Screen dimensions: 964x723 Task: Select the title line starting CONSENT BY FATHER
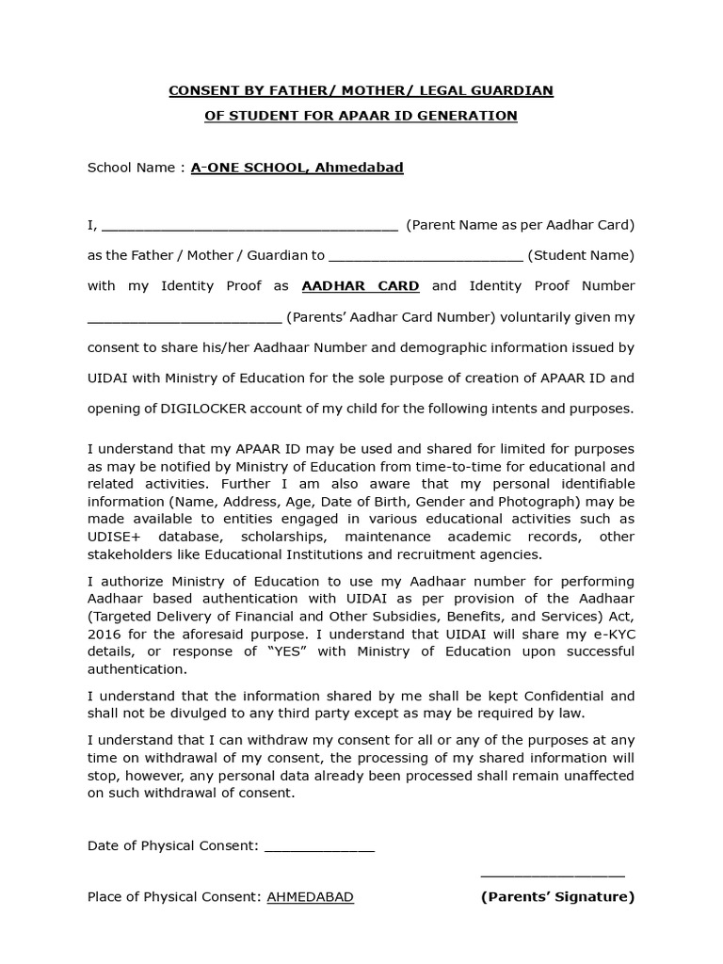click(361, 90)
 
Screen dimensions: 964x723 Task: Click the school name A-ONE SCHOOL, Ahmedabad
click(297, 168)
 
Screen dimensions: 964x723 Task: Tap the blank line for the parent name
click(249, 227)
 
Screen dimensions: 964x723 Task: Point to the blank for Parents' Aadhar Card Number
click(185, 319)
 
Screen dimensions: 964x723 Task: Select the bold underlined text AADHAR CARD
click(360, 285)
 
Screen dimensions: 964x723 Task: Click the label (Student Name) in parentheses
click(581, 255)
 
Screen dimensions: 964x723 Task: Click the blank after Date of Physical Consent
click(319, 847)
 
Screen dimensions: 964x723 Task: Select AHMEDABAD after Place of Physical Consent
click(311, 897)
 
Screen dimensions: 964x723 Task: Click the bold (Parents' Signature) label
click(557, 897)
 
